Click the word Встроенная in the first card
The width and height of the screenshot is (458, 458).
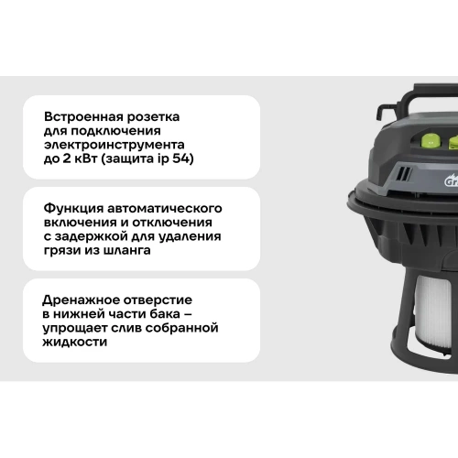(83, 117)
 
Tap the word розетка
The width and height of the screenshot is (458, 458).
(153, 117)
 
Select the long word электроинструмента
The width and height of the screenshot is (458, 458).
(114, 145)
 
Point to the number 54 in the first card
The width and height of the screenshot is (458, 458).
(181, 158)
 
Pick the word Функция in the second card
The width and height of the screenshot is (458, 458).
(73, 209)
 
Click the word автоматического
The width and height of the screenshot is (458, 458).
(165, 209)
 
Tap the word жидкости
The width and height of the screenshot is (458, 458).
(75, 343)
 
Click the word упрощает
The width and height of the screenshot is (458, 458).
(75, 329)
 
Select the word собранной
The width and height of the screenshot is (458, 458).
(181, 328)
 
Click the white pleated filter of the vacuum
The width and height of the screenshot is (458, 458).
(433, 315)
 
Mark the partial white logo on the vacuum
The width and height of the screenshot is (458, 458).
(452, 180)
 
